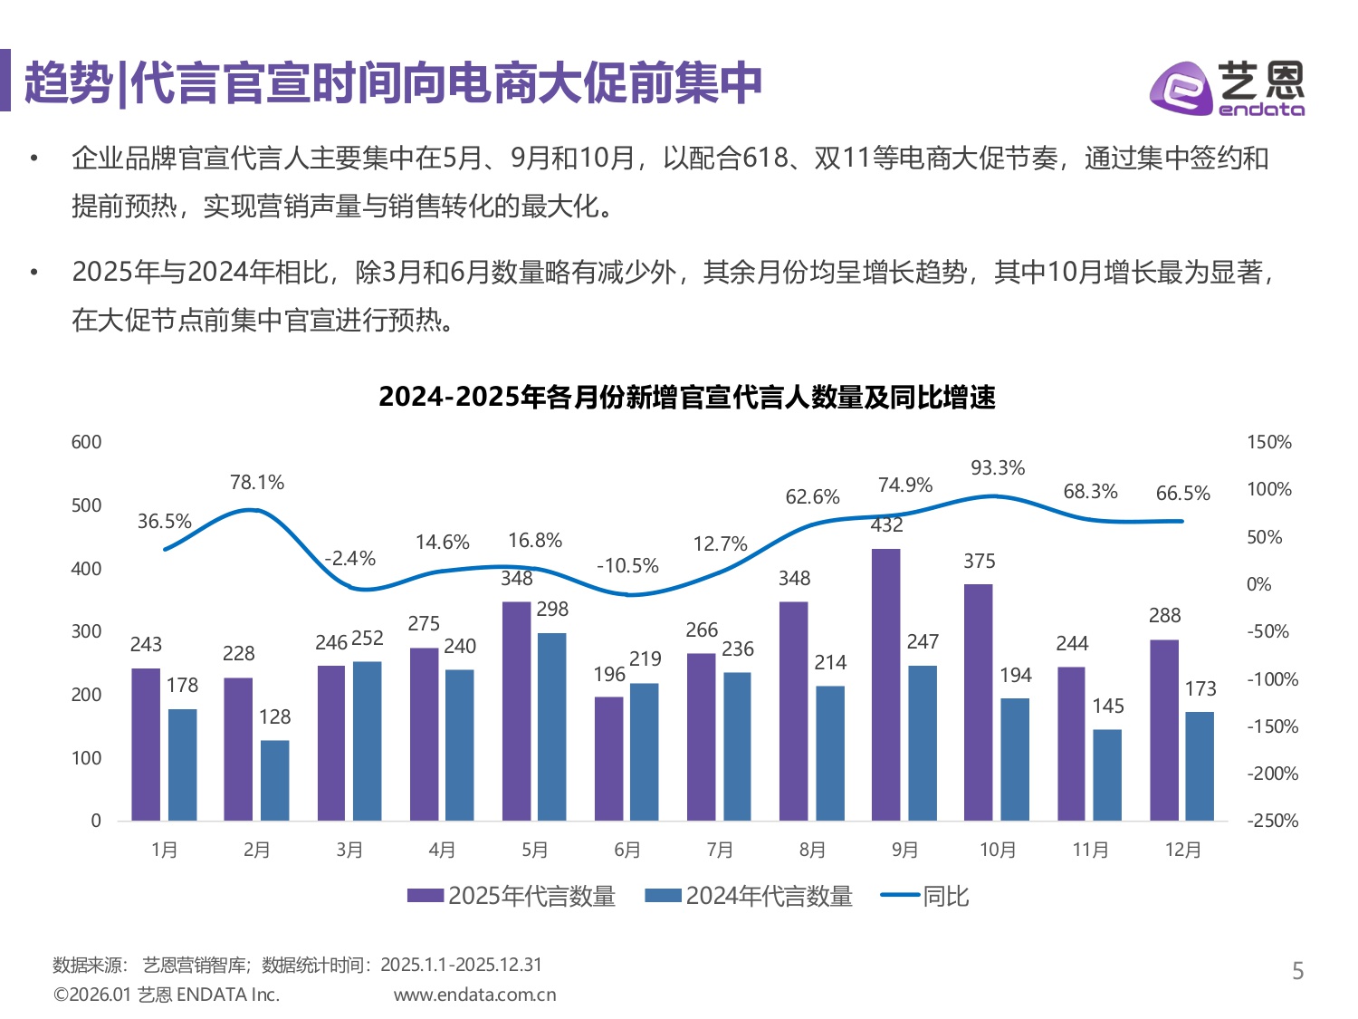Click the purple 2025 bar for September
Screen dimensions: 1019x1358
(x=885, y=685)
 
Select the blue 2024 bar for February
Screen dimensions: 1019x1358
(x=275, y=781)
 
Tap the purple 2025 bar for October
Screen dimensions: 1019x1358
(x=978, y=703)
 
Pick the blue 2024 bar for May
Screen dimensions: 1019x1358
(x=552, y=726)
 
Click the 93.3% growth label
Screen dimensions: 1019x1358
(x=998, y=468)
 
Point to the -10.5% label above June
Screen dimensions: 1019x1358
(x=627, y=566)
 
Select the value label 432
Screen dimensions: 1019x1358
(x=886, y=525)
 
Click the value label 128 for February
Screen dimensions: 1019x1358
(x=275, y=717)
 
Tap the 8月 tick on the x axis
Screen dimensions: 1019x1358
(x=812, y=850)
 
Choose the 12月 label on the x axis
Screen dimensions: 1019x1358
(x=1182, y=850)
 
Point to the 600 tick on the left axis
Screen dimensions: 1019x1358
(x=87, y=442)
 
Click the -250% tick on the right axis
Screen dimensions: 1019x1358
(x=1272, y=821)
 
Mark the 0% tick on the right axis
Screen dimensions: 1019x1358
(x=1258, y=584)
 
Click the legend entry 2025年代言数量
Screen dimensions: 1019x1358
(x=512, y=896)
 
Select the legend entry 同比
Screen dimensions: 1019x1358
(x=925, y=896)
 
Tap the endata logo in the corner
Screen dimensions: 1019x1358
(x=1227, y=88)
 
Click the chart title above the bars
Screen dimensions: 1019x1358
(x=686, y=397)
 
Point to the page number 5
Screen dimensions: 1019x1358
(x=1297, y=971)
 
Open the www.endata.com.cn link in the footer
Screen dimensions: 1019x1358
(x=474, y=995)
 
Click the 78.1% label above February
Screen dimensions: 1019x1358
(x=257, y=483)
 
